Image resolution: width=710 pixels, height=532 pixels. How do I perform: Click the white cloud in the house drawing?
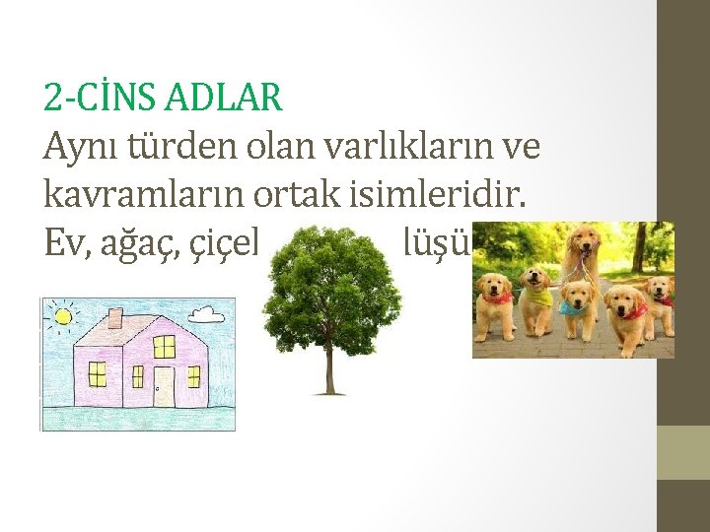(x=206, y=315)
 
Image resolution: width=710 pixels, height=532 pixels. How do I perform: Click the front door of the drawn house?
(x=163, y=385)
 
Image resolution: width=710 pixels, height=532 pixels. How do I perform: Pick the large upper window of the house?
(x=164, y=346)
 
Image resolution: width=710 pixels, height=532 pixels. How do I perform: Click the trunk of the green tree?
(x=329, y=372)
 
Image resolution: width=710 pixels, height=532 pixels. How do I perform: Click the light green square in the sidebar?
(x=682, y=452)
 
